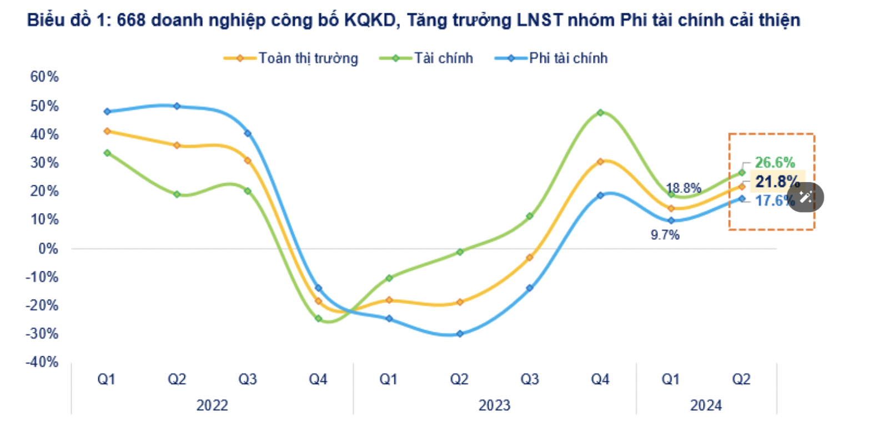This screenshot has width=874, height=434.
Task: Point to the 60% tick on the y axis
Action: (x=44, y=77)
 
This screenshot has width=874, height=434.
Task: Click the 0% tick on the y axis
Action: (x=48, y=249)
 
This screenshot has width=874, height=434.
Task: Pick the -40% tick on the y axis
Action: (x=42, y=362)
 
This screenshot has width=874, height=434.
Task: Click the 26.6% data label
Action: (x=775, y=163)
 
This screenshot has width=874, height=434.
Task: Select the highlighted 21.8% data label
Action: (x=777, y=181)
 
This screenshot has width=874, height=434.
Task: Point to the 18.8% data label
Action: (x=684, y=188)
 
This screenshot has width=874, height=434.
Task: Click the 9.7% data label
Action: (x=665, y=235)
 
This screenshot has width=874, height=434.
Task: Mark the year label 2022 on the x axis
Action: (x=212, y=406)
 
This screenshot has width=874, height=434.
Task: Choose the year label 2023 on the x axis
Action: (x=494, y=406)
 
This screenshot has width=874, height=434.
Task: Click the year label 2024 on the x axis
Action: (x=706, y=406)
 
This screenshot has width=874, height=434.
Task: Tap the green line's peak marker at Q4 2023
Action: (x=600, y=113)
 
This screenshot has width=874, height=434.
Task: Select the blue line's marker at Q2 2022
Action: (x=177, y=106)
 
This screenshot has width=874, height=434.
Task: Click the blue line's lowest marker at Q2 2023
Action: (x=460, y=334)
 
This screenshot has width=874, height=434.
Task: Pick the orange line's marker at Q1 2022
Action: (x=107, y=132)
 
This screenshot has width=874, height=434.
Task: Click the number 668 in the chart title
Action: (x=131, y=21)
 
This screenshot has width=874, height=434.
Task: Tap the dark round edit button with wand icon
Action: (x=806, y=197)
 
